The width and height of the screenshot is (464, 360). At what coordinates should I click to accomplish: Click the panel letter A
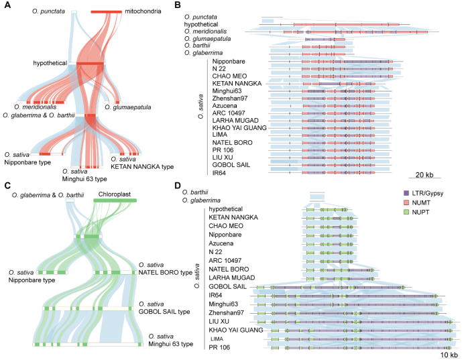point(6,5)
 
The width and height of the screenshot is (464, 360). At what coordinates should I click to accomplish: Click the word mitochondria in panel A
point(143,11)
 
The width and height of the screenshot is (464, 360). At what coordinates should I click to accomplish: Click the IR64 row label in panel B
point(222,172)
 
